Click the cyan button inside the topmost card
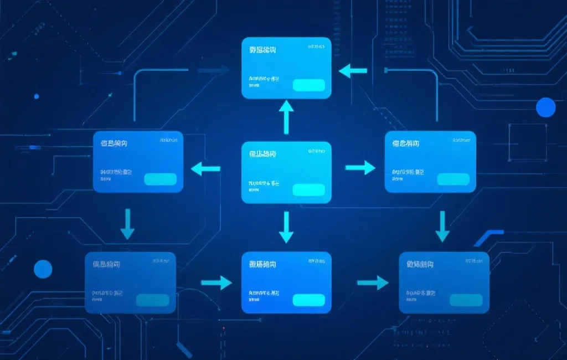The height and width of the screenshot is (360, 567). (x=308, y=85)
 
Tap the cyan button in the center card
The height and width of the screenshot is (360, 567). (x=308, y=190)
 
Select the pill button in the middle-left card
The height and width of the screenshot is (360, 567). (x=161, y=179)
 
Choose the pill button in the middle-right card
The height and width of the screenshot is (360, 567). (x=453, y=179)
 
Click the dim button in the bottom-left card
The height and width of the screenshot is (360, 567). (x=153, y=300)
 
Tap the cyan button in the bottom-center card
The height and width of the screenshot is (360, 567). (x=308, y=300)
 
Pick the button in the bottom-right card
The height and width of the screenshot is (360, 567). (x=466, y=300)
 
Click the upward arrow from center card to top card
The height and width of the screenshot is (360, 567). (x=286, y=117)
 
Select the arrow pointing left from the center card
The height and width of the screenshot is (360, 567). (x=205, y=168)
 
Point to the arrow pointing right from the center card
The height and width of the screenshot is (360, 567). (x=360, y=167)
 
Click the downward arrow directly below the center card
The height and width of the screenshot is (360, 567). (x=286, y=227)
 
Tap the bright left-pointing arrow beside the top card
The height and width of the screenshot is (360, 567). (x=353, y=70)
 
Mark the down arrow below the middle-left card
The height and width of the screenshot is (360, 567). (x=128, y=224)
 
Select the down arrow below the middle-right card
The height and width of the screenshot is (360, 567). (x=442, y=226)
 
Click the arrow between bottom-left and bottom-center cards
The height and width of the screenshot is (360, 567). (x=217, y=282)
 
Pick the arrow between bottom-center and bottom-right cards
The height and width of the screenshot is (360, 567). (x=373, y=283)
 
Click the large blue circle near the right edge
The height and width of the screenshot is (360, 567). (x=545, y=107)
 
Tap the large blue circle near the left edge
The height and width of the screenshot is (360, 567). (x=43, y=269)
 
